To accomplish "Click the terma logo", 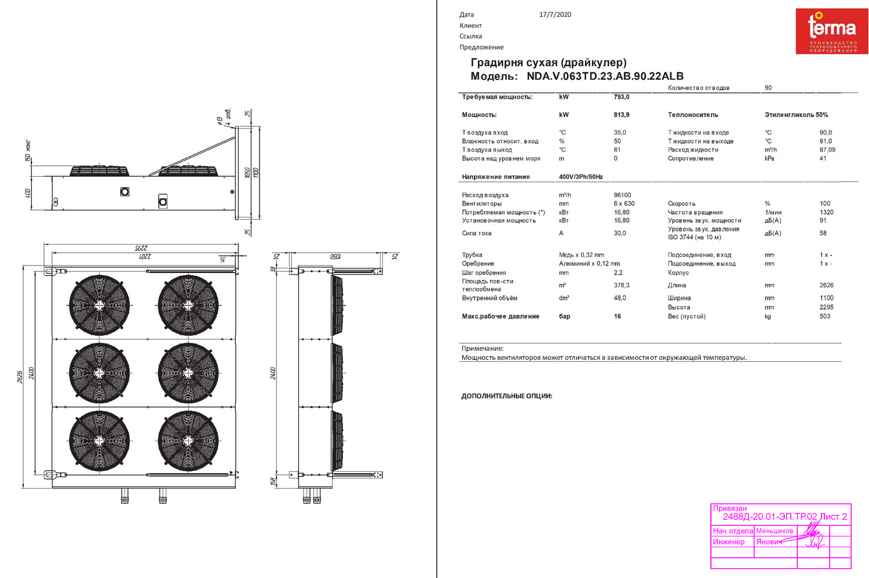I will coord(831,31).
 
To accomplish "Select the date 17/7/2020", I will coord(555,14).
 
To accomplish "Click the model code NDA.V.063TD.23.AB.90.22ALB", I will coord(605,76).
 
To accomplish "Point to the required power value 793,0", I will coord(621,97).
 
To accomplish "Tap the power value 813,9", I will coord(621,115).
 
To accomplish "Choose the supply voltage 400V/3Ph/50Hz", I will coord(580,177).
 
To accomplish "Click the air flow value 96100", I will coord(622,195).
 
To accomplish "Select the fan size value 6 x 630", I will coord(624,203).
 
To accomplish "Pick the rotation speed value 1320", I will coord(826,212).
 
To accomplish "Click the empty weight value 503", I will coord(824,317).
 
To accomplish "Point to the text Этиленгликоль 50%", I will coord(796,115).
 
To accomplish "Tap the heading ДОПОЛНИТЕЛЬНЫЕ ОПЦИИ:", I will coord(506,396).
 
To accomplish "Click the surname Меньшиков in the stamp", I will coord(774,531).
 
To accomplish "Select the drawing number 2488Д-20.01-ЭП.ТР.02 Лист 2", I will coord(784,517).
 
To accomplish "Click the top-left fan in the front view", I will coord(99,305).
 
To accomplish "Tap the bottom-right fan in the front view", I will coord(188,441).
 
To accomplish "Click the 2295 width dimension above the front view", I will coord(141,248).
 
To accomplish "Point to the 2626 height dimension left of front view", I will coord(20,377).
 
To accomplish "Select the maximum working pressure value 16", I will coord(617,317).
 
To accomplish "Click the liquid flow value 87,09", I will coord(827,150).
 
